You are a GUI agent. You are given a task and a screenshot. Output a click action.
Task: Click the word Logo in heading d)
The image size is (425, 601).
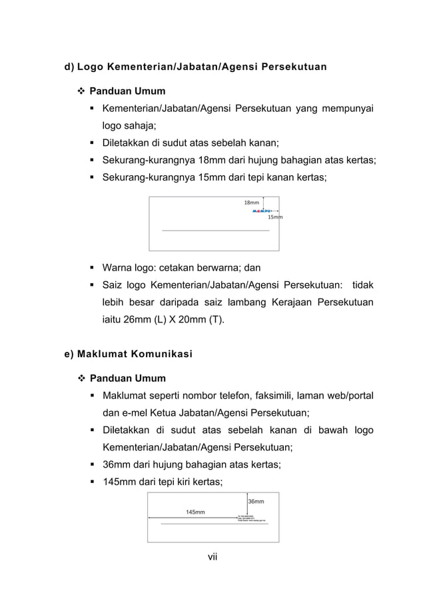point(89,67)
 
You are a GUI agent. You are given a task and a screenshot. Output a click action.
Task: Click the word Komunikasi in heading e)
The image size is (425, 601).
point(155,354)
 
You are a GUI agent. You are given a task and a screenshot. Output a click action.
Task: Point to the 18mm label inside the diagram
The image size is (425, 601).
point(251,202)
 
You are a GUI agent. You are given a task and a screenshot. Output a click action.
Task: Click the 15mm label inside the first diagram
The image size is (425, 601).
point(274,217)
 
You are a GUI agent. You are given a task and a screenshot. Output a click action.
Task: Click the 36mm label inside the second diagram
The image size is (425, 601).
point(256,501)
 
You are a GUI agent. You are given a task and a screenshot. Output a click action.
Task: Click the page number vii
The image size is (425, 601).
point(212,557)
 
